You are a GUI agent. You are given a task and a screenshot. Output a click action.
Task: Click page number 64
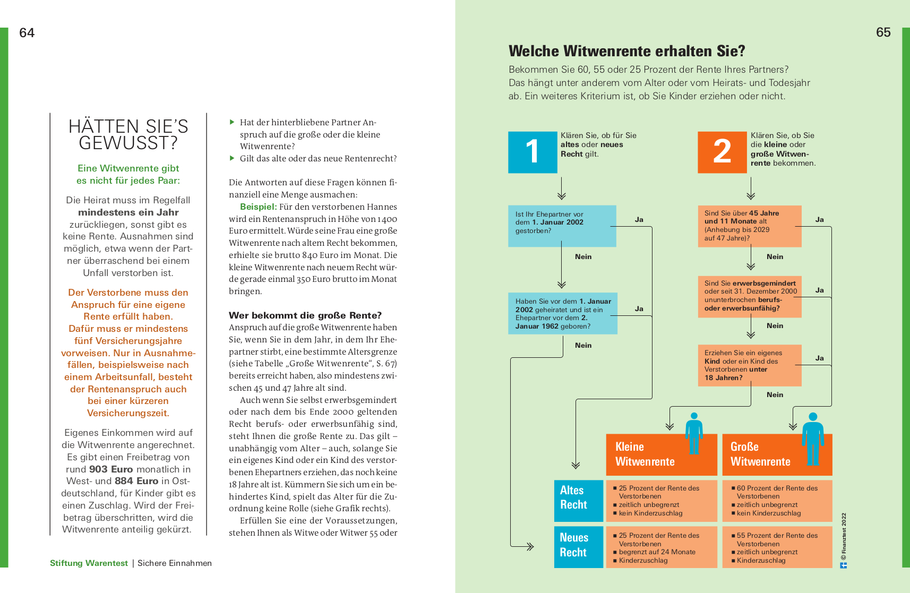pos(27,32)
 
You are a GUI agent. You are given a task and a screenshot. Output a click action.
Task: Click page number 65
pos(883,32)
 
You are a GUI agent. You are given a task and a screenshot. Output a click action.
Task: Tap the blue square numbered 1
pos(533,152)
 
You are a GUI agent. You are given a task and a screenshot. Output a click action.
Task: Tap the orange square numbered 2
pos(722,152)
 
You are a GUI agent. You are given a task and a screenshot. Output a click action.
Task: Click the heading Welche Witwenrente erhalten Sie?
pos(627,51)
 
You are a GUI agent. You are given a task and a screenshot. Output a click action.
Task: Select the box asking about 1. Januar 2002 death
pos(562,226)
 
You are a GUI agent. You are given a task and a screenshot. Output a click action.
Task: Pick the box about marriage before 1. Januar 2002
pos(563,314)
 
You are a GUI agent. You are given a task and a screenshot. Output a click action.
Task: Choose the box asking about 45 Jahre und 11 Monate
pos(750,226)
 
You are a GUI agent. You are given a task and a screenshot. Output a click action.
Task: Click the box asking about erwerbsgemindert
pos(750,296)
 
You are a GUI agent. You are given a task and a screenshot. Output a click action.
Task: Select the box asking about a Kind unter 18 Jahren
pos(750,365)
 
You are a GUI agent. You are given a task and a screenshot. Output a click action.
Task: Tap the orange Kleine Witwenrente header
pos(662,454)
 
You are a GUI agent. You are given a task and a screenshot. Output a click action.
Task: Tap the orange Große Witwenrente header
pos(777,454)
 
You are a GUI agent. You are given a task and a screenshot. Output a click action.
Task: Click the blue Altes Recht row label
pos(579,501)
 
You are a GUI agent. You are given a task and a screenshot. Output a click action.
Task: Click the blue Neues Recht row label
pos(579,547)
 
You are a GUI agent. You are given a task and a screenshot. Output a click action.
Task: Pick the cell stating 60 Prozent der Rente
pos(777,501)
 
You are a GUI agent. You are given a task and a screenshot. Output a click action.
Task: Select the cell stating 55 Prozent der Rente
pos(777,547)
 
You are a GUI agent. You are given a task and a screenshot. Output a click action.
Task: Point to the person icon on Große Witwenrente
pos(813,439)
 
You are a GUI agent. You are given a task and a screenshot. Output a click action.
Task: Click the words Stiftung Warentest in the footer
pos(89,563)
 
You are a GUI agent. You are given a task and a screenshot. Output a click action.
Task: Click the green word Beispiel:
pos(259,207)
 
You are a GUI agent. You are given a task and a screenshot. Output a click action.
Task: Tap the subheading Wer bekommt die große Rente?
pos(305,315)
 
